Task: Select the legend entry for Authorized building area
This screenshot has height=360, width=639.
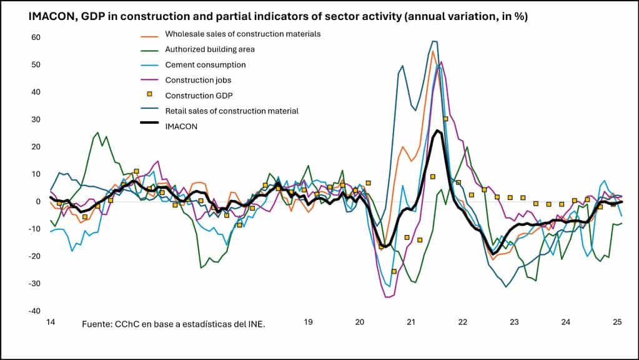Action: [209, 49]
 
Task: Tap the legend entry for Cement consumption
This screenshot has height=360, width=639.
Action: [205, 64]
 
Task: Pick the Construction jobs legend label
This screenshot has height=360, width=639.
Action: [201, 80]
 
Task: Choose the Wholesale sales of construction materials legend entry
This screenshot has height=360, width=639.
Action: [242, 33]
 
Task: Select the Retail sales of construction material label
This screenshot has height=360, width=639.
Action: [232, 111]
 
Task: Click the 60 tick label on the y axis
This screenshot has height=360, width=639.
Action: [36, 37]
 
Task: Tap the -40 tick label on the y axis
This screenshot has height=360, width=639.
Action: [34, 311]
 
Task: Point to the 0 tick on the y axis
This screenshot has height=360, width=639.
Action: [37, 201]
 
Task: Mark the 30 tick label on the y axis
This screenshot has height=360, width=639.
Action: [36, 119]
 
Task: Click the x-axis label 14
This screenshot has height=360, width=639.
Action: [51, 322]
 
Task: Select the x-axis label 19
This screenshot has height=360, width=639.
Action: [308, 322]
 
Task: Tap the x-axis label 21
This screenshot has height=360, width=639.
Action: [411, 322]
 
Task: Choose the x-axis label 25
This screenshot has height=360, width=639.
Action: [617, 322]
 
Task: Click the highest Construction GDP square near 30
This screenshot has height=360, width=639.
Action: [445, 119]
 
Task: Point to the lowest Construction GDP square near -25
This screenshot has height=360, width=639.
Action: [394, 271]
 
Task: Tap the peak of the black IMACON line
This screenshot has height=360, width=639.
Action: [438, 131]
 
